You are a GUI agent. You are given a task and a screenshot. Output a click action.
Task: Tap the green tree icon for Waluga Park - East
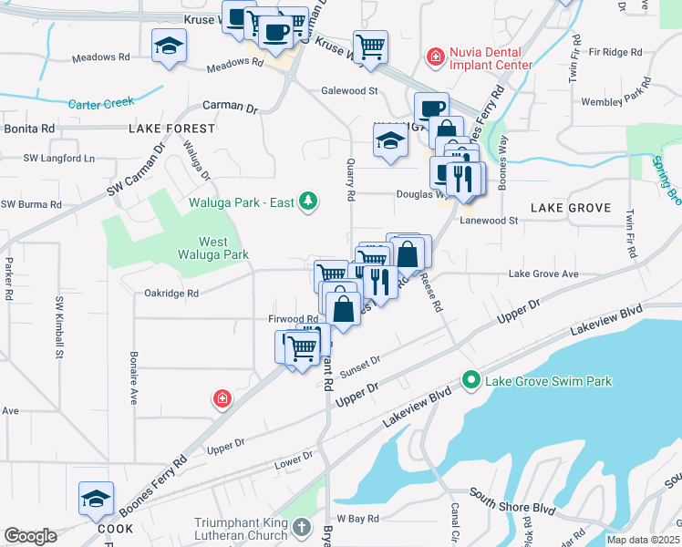(308, 201)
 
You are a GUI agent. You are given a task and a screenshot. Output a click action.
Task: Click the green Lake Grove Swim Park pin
(471, 380)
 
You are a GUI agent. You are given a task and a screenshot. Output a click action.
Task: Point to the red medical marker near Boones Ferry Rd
(222, 398)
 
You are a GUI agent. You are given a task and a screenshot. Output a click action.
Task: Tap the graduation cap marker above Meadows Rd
(169, 46)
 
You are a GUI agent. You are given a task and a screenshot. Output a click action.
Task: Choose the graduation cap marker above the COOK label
(96, 499)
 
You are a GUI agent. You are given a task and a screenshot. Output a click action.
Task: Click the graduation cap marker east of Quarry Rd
(390, 142)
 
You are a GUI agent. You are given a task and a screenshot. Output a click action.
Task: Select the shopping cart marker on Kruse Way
(370, 46)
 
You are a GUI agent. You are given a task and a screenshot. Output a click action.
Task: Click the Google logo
(30, 535)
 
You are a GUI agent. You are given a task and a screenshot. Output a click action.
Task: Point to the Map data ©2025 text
(642, 540)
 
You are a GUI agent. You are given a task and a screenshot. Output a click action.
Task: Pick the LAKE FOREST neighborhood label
(171, 129)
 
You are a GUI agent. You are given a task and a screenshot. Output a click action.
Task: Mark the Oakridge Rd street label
(171, 294)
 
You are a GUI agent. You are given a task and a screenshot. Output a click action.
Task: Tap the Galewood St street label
(349, 91)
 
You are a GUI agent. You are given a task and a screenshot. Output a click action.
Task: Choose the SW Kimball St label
(61, 325)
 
